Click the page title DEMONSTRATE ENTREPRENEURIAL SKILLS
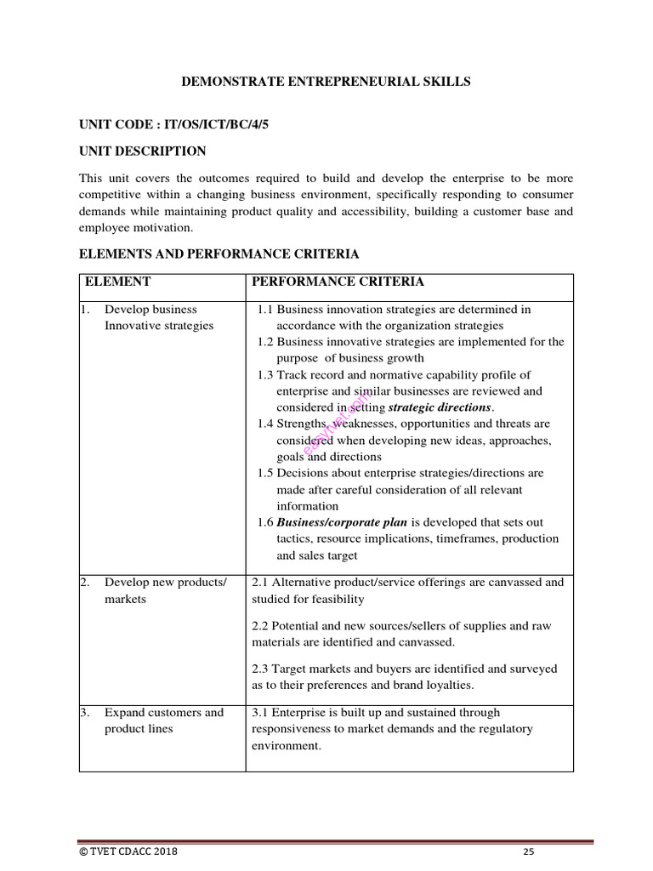pyautogui.click(x=326, y=82)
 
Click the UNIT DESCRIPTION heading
pyautogui.click(x=142, y=151)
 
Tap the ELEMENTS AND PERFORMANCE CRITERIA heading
pyautogui.click(x=219, y=254)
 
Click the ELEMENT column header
pyautogui.click(x=117, y=282)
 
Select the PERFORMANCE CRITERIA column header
pyautogui.click(x=338, y=282)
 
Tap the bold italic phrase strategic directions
pyautogui.click(x=440, y=407)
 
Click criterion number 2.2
pyautogui.click(x=262, y=626)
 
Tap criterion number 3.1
pyautogui.click(x=262, y=713)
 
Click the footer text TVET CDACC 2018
pyautogui.click(x=128, y=851)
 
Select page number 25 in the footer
pyautogui.click(x=529, y=851)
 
